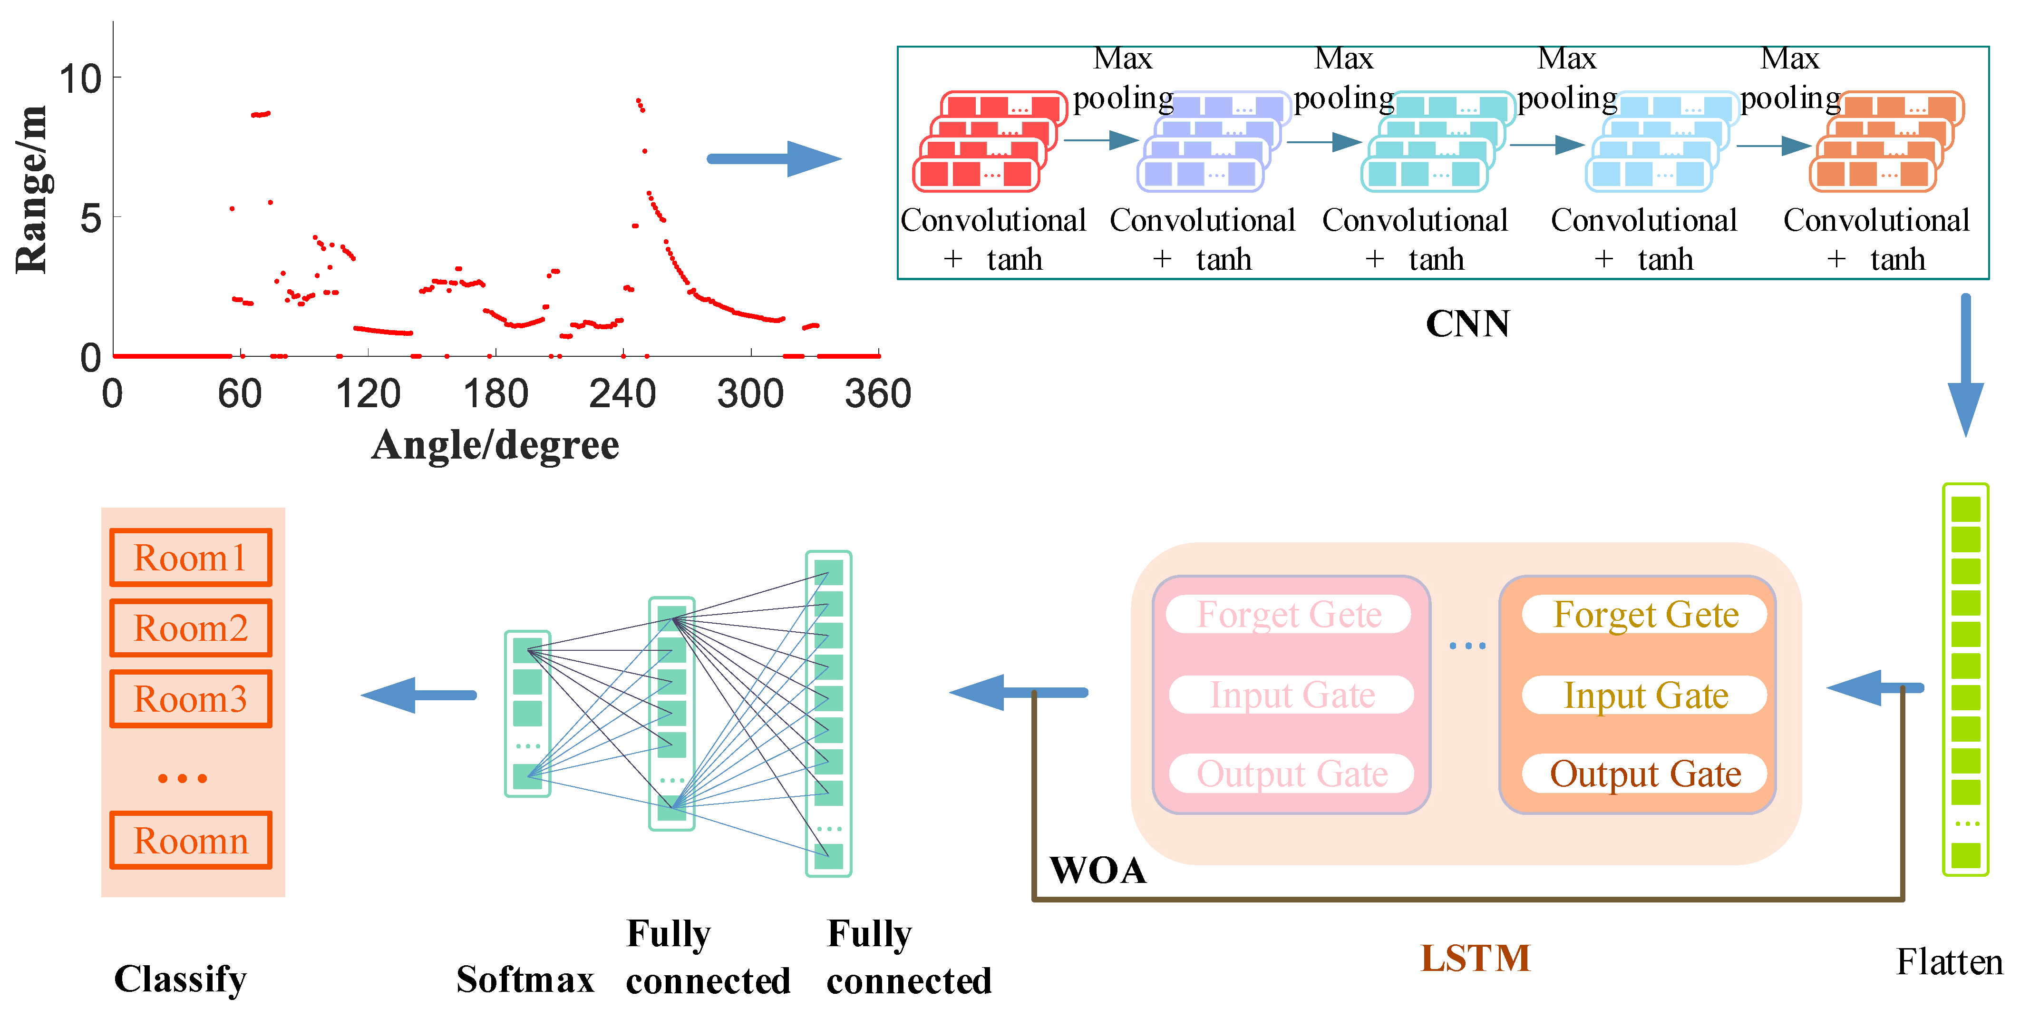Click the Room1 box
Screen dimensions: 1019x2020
pos(191,558)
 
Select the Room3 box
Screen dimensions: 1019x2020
pos(191,699)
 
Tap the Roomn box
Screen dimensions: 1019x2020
pos(191,840)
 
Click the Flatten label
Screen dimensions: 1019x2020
pos(1949,962)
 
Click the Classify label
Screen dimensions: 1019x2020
pos(180,979)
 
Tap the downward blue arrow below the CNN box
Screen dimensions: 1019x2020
pos(1965,365)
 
